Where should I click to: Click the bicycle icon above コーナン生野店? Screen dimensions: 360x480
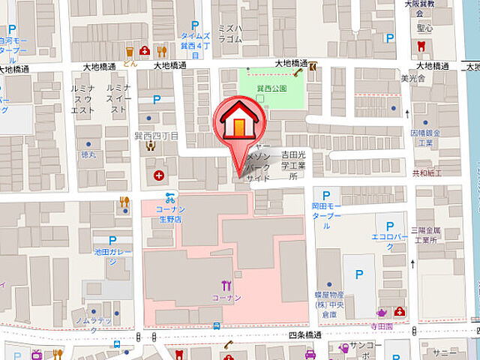(x=171, y=199)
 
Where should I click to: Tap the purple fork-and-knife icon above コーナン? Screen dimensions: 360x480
(x=226, y=285)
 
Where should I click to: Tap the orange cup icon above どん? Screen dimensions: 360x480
(x=130, y=51)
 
